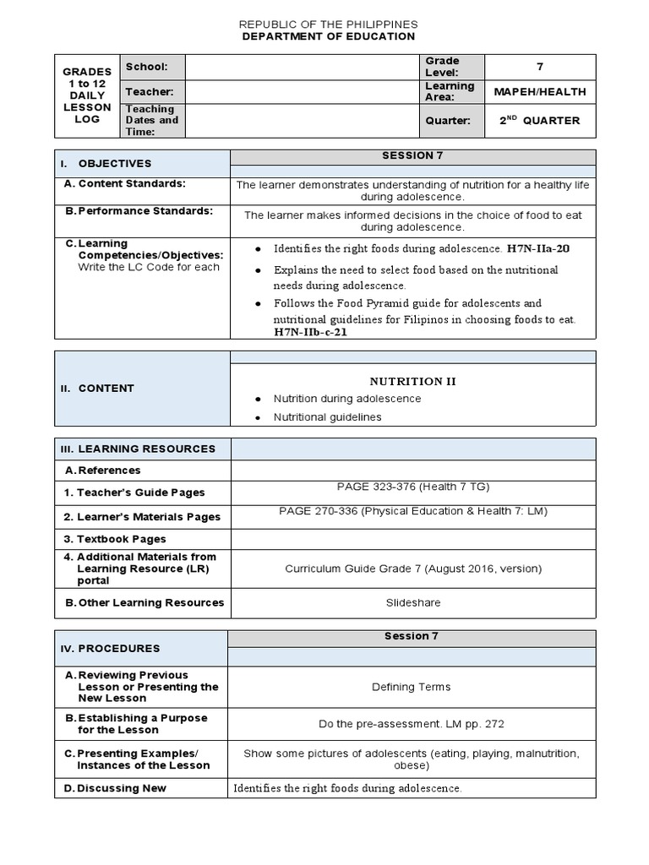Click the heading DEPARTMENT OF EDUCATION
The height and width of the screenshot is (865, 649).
(329, 36)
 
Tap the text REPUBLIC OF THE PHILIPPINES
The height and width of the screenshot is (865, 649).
(329, 24)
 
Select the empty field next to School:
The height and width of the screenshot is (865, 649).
(303, 67)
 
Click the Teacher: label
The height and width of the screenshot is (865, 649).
(150, 91)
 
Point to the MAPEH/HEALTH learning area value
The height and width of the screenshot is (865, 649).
(541, 91)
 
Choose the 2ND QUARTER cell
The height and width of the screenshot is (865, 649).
(541, 121)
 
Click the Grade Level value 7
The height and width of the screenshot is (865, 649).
(541, 67)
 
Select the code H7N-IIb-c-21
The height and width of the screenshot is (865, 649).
(310, 332)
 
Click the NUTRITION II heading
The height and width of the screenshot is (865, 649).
(412, 381)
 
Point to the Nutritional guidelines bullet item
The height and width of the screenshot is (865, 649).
(327, 417)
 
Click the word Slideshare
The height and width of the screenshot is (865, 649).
(412, 602)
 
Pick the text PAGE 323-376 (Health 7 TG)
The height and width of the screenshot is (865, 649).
(412, 487)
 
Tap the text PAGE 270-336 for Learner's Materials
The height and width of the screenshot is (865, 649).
(412, 511)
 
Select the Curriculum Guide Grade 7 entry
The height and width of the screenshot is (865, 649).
(412, 569)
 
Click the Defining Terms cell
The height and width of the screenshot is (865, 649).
(412, 687)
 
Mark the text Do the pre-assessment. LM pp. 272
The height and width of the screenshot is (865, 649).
(412, 724)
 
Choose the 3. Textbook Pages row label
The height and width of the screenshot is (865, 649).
(115, 539)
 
